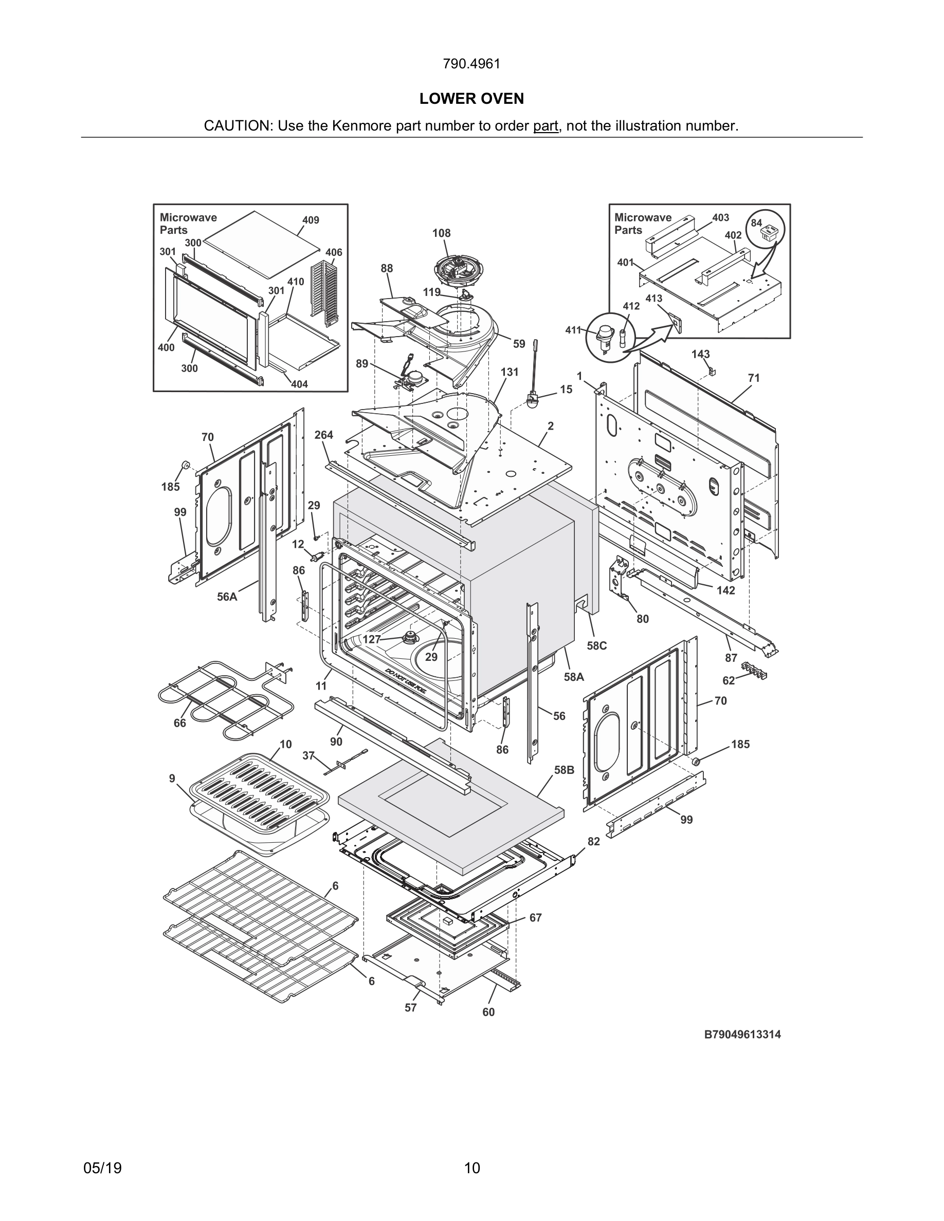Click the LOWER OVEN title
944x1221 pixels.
tap(471, 99)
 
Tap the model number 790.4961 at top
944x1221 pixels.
tap(471, 64)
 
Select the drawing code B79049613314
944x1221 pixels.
tap(742, 1034)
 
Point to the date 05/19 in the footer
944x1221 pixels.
tap(102, 1168)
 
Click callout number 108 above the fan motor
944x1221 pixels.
tap(441, 233)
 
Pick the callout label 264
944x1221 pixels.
tap(324, 434)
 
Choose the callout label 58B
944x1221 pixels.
tap(564, 770)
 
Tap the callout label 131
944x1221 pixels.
tap(509, 372)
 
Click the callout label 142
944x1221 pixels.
tap(725, 590)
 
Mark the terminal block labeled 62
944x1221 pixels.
tap(754, 670)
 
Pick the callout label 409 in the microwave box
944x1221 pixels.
tap(311, 220)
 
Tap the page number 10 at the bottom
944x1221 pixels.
tap(472, 1168)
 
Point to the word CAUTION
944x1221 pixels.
tap(237, 126)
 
